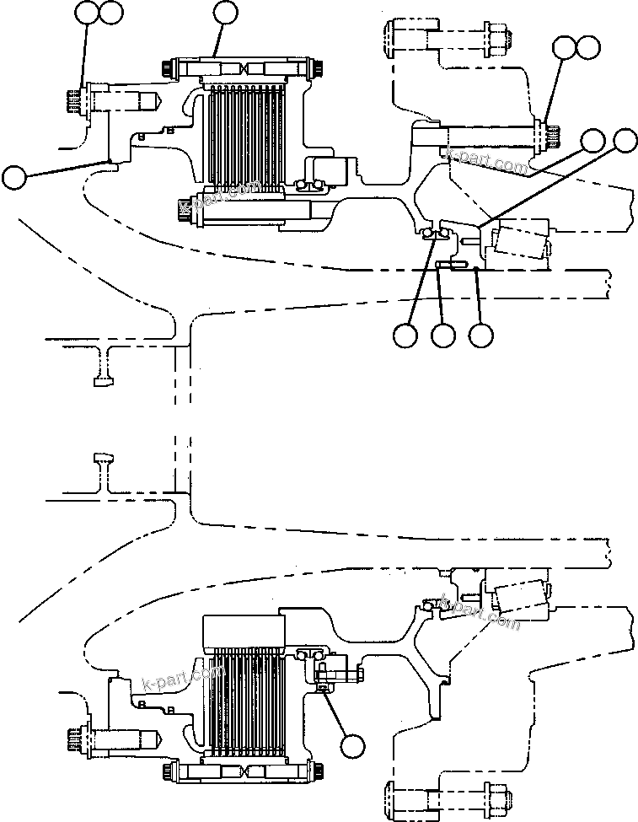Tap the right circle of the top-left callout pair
pyautogui.click(x=110, y=12)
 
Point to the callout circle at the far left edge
pyautogui.click(x=13, y=177)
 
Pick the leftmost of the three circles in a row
pyautogui.click(x=405, y=335)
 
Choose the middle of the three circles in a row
pyautogui.click(x=443, y=335)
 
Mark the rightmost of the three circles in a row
pyautogui.click(x=481, y=335)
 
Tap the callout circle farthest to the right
pyautogui.click(x=625, y=141)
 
